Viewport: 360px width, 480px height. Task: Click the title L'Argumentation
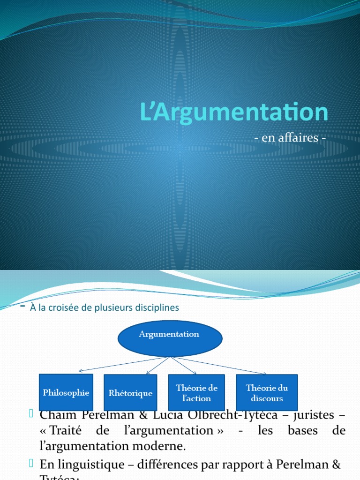point(234,113)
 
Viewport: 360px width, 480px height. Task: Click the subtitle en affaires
point(289,138)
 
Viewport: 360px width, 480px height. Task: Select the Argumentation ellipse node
point(169,338)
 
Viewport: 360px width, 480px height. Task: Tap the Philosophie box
point(66,392)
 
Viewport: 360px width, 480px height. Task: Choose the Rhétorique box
point(130,393)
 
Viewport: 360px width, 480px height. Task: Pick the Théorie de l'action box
point(196,393)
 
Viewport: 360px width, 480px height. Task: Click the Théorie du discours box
point(267,393)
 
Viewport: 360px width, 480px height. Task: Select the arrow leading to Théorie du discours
point(220,366)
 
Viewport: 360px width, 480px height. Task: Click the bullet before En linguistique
point(31,464)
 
